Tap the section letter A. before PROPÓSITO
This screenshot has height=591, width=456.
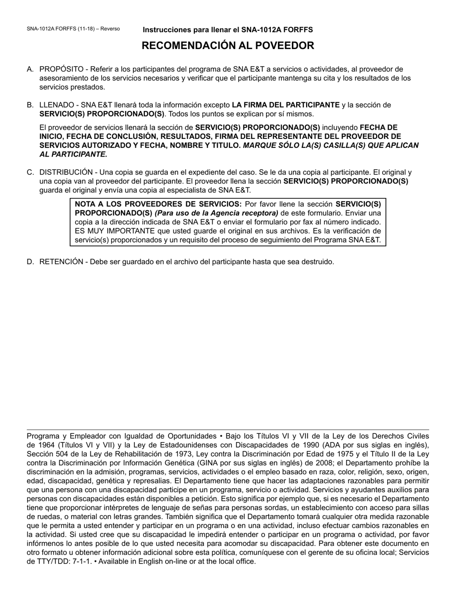coord(30,69)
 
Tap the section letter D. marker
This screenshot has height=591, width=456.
coord(30,262)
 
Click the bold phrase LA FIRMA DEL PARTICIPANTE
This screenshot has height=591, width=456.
coord(286,105)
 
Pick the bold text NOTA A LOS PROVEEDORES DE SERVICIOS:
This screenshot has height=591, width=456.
coord(158,204)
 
